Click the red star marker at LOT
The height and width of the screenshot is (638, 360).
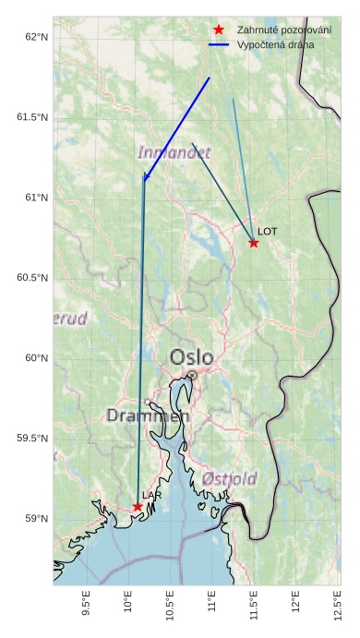point(253,243)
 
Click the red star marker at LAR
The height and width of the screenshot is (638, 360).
point(138,507)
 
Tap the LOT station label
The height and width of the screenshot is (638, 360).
point(267,231)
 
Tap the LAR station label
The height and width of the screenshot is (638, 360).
point(152,496)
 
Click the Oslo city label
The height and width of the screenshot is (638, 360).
point(191,357)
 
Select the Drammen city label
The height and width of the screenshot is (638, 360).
point(148,415)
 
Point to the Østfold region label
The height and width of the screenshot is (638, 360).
point(229,478)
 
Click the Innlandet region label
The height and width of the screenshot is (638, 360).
point(174,152)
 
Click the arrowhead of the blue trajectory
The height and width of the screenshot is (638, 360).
point(145,178)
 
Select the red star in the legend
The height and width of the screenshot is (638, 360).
point(219,30)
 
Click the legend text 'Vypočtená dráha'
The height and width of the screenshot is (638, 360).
point(275,44)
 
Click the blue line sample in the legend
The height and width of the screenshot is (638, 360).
point(219,44)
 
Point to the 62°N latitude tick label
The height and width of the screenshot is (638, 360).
point(36,37)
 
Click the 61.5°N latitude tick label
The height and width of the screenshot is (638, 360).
point(32,117)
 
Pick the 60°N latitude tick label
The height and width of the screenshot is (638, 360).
point(36,358)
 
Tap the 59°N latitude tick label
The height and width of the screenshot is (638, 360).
point(36,519)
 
